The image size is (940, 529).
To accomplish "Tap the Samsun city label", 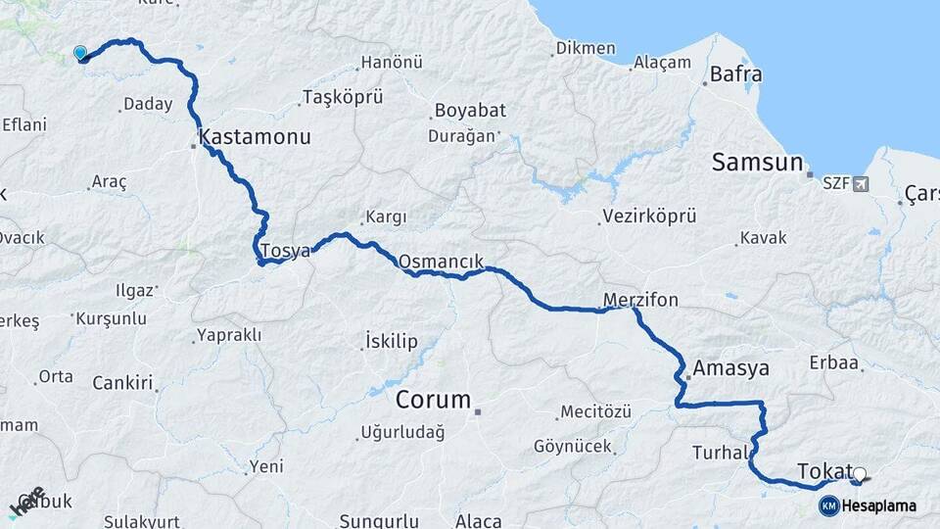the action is (757, 163).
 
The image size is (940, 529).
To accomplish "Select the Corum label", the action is (433, 401).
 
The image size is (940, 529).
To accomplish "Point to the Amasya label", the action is (730, 369).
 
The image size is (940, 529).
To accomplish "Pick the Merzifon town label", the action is (640, 300).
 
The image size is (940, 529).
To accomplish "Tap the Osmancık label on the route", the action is (441, 262).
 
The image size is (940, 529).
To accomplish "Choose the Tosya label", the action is (285, 251).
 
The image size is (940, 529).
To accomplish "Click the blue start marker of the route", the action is (80, 53).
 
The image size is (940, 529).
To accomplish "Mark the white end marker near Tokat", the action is (860, 475).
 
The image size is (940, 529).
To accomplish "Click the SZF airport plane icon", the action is (861, 183).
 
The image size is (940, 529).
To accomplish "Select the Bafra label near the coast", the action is (735, 73).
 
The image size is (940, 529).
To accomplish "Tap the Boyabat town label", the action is (468, 111).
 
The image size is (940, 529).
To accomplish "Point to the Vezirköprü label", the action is (649, 216).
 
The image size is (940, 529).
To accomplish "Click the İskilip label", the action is (391, 341).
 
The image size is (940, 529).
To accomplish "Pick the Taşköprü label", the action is (342, 97).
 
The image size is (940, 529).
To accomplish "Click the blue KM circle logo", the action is (828, 506).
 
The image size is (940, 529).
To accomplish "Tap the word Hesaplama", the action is (879, 506).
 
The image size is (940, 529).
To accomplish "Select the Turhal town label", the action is (721, 453).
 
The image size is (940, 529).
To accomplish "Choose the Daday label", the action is (149, 104).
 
